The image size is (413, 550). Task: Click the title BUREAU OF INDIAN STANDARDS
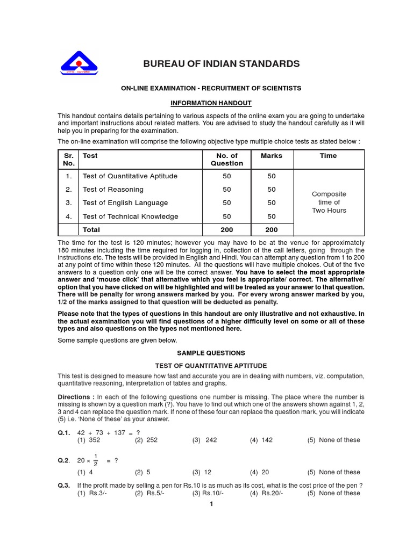tap(221, 64)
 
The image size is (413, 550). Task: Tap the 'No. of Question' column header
tap(226, 160)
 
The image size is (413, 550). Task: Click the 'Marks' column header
tap(271, 156)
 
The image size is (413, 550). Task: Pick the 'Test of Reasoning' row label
tap(113, 190)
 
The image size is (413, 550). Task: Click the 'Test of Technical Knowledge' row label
tap(130, 216)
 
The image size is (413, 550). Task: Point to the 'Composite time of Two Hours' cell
tap(329, 202)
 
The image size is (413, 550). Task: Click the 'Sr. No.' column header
tap(68, 160)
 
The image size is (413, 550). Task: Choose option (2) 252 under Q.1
tap(146, 440)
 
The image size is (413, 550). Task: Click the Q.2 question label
tap(65, 460)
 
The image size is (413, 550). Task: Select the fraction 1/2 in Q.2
tap(96, 460)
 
